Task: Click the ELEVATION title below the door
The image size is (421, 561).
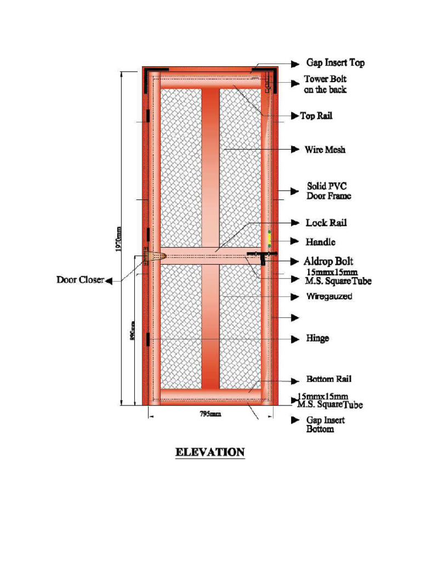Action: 210,453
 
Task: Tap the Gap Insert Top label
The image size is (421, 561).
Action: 335,63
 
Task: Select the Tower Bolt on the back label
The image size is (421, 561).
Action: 326,84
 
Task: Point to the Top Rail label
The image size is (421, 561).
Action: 316,116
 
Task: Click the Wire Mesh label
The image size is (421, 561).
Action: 325,150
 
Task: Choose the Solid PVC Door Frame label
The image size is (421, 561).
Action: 328,191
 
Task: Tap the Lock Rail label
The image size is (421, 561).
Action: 326,223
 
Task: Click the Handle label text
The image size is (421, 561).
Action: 321,242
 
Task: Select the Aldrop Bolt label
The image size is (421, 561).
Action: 329,261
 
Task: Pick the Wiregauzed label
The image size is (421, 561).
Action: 329,296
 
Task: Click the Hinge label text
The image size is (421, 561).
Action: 317,338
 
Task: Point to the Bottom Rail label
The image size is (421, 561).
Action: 329,379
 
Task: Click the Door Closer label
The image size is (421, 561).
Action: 80,280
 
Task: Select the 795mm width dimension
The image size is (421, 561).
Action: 210,415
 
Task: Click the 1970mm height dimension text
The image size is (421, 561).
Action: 119,240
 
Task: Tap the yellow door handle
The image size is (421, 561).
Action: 270,239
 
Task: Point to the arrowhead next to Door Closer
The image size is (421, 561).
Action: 109,280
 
